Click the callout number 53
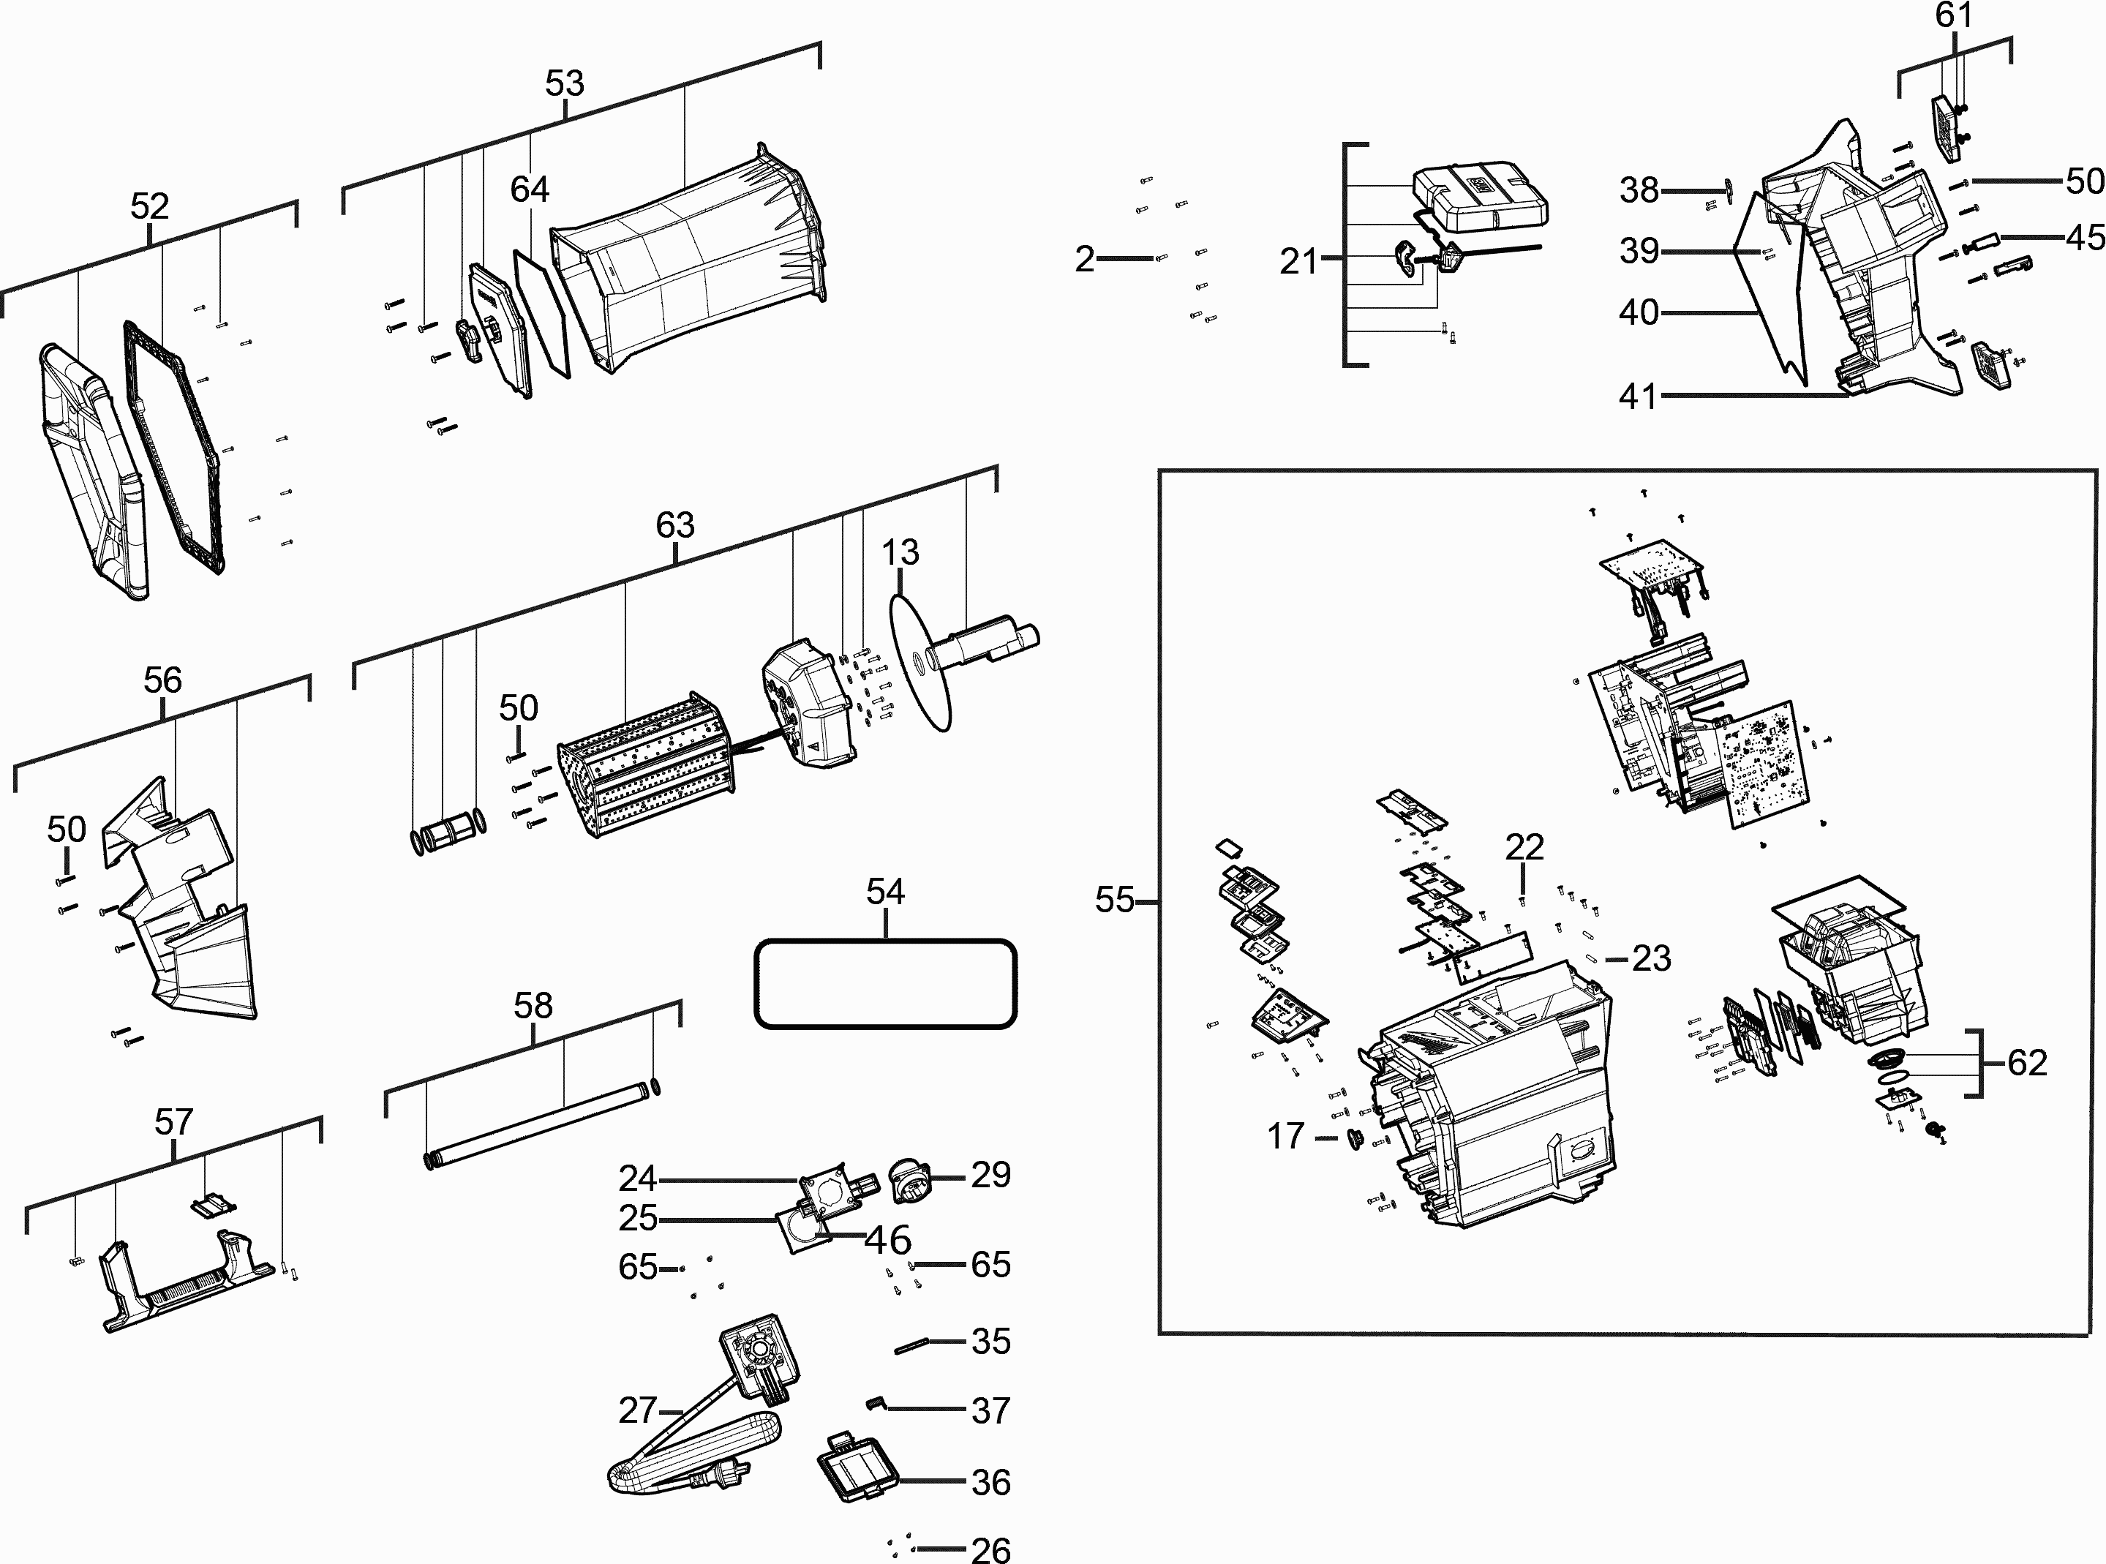564,83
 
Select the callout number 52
149,206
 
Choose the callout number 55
1114,899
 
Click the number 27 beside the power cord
637,1410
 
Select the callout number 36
990,1481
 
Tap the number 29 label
990,1175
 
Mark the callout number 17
1285,1135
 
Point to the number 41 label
1639,396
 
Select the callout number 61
1952,16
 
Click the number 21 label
1298,261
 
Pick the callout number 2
1085,258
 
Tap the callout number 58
533,1005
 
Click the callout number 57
173,1122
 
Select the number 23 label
1652,958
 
